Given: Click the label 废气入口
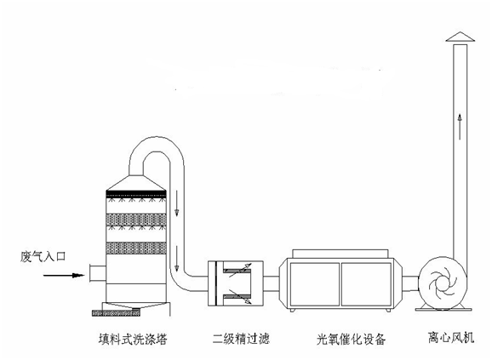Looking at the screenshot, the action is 43,257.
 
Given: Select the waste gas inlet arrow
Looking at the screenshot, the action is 64,276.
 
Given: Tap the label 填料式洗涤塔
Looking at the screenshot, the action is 133,340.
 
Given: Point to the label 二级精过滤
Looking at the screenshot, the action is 241,339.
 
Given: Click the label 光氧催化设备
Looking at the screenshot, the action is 351,339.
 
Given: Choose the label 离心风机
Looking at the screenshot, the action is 451,338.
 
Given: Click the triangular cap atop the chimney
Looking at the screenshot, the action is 461,37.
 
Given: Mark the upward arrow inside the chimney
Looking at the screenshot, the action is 460,126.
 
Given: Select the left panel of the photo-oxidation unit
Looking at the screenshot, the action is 315,284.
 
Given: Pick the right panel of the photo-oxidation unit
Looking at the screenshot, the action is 366,284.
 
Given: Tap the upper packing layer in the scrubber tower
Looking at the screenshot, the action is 136,220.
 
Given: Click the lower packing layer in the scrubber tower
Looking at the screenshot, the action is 136,248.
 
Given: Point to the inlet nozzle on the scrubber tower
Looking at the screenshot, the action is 98,273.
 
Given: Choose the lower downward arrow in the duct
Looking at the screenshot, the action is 177,258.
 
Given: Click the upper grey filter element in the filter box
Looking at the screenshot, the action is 237,270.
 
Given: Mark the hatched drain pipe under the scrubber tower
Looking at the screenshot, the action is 116,312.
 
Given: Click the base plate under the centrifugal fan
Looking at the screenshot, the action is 443,309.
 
